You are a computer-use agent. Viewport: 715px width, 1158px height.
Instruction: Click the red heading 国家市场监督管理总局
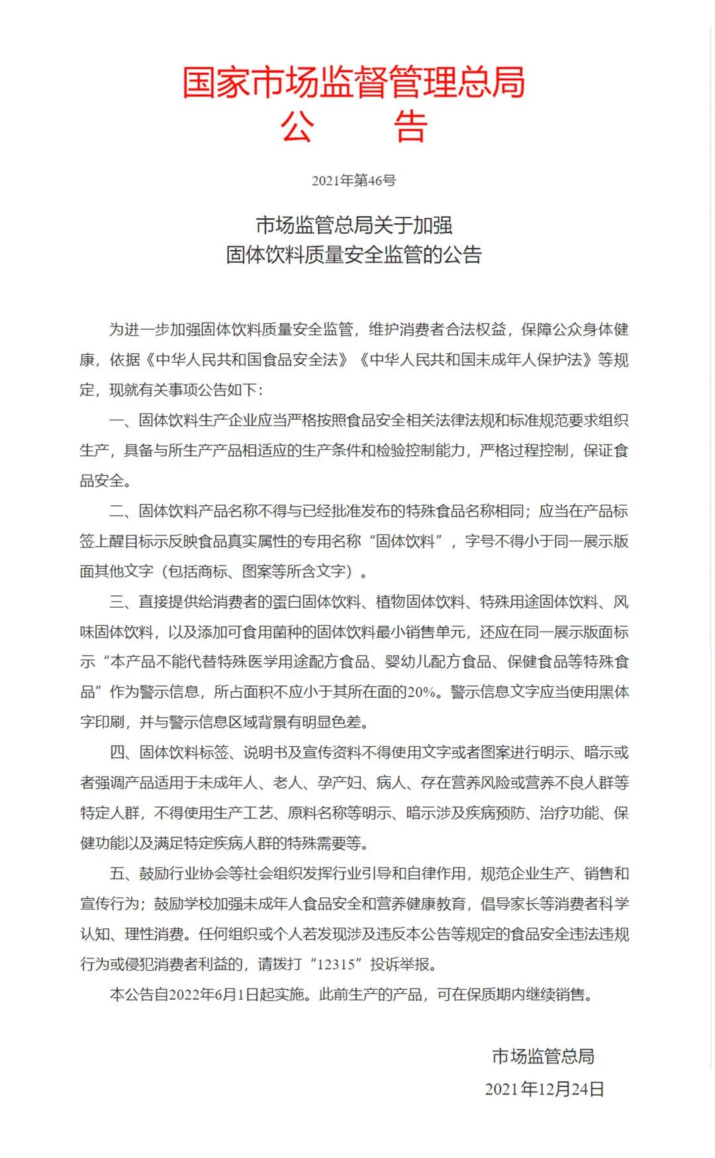(354, 83)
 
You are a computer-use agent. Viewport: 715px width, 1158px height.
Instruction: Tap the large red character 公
(297, 126)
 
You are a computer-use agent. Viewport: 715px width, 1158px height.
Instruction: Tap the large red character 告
(410, 126)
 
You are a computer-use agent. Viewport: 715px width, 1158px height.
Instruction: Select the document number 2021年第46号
(354, 180)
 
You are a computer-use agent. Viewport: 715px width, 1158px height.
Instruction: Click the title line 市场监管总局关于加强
(354, 225)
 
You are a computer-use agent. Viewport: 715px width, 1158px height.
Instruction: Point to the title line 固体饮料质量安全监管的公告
(354, 255)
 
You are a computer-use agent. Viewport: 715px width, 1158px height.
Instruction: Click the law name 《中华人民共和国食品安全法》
(247, 360)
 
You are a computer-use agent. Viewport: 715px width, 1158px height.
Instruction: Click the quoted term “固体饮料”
(406, 542)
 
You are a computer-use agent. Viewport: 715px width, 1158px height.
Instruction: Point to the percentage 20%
(422, 693)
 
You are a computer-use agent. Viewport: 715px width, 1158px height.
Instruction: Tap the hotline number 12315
(336, 965)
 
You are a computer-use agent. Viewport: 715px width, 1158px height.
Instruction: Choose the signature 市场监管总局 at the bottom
(543, 1057)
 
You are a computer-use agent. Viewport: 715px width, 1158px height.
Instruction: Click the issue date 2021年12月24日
(544, 1089)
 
